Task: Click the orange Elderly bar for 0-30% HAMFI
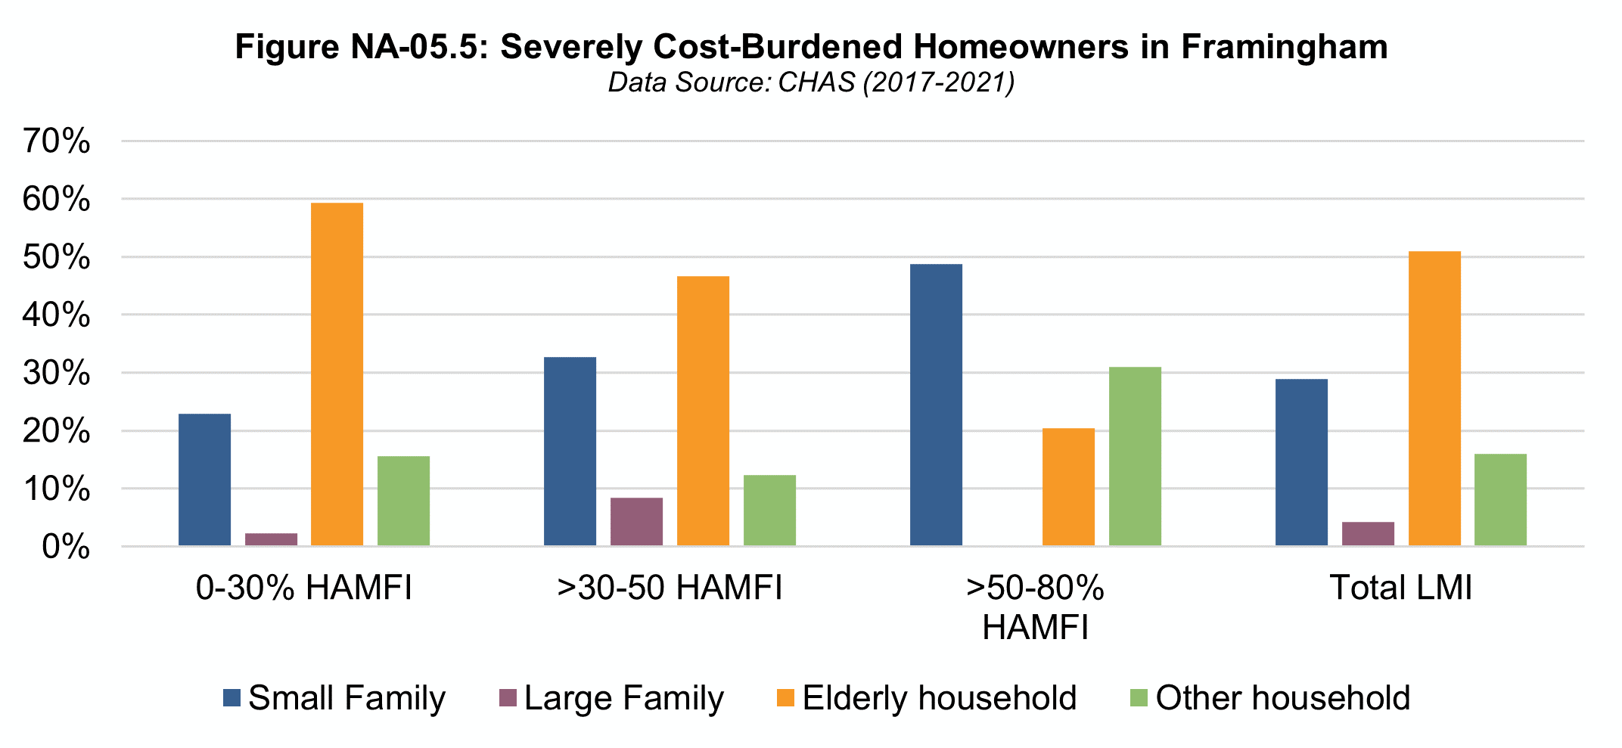(337, 374)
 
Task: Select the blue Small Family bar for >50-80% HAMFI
(936, 405)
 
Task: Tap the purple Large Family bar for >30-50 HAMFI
(636, 522)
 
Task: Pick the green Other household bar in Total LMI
(1500, 500)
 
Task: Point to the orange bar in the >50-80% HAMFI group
(1068, 487)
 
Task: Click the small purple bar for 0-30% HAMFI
(271, 539)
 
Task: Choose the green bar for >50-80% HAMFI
(1135, 456)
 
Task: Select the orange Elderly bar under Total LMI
(1434, 399)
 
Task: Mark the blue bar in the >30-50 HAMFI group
(570, 452)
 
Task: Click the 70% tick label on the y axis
(57, 141)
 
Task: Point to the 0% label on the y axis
(66, 547)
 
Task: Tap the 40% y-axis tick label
(57, 315)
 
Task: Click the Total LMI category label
(1401, 588)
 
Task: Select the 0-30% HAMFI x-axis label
(304, 588)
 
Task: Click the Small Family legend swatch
(231, 698)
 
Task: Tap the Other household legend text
(1282, 698)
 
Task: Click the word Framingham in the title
(1284, 47)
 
